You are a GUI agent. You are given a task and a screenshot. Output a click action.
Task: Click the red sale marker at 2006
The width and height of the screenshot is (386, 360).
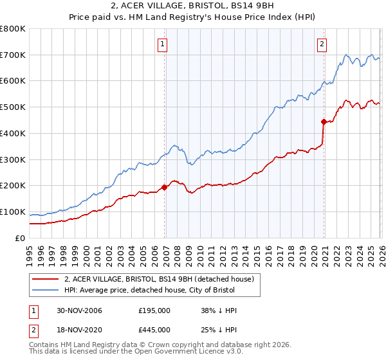coord(165,187)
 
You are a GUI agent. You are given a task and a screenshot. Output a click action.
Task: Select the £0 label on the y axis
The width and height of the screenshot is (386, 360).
coord(21,239)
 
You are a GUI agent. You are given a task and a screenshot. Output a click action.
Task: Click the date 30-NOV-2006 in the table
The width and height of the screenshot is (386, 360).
coord(78,310)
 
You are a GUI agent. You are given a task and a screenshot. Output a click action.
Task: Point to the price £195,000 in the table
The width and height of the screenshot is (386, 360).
coord(154,310)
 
